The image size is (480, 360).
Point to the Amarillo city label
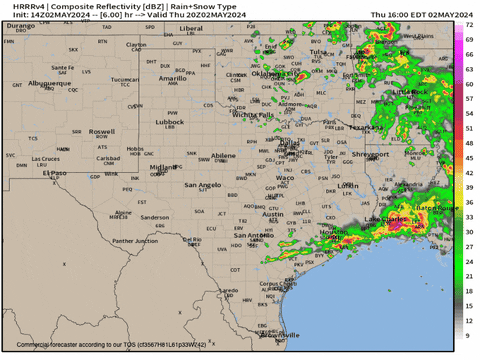(x=173, y=77)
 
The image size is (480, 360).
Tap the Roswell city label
(x=101, y=131)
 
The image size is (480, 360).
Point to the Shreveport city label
(x=369, y=154)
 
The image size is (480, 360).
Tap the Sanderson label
(x=155, y=217)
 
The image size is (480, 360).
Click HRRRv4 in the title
(x=19, y=6)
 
